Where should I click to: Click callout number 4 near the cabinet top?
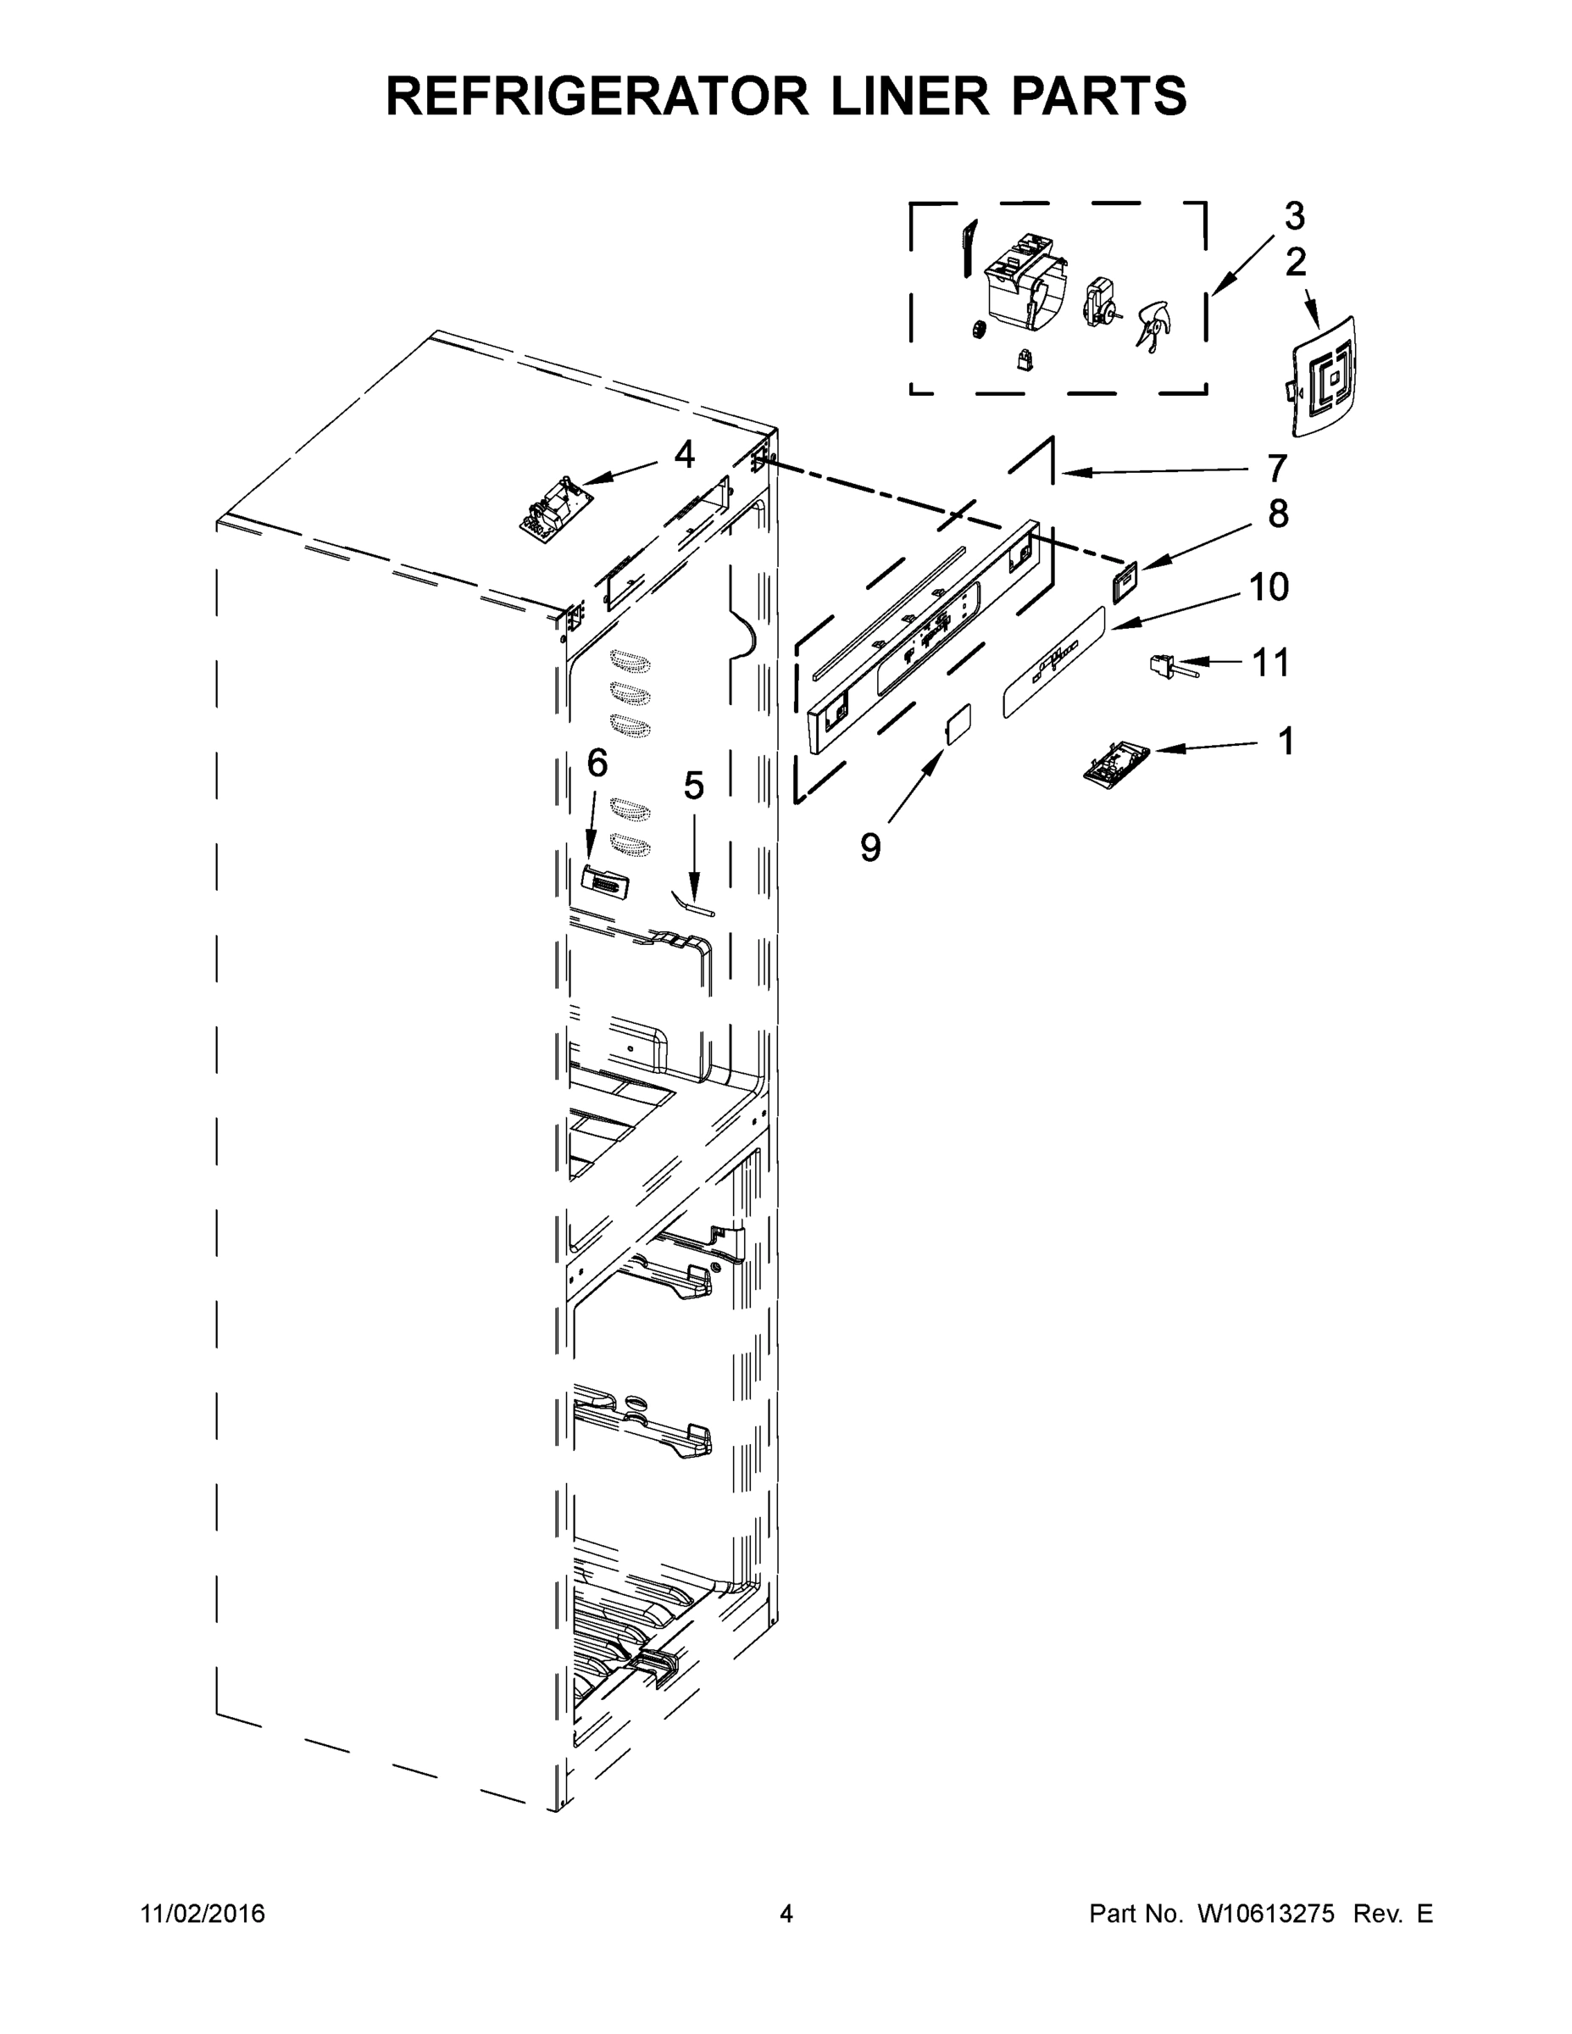pos(685,455)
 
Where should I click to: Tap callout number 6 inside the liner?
pos(597,763)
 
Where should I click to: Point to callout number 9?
pos(869,847)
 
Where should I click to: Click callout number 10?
pos(1269,586)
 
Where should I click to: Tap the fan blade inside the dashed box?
pos(1153,325)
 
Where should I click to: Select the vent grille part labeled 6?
pos(604,881)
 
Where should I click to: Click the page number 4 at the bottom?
pos(786,1913)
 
